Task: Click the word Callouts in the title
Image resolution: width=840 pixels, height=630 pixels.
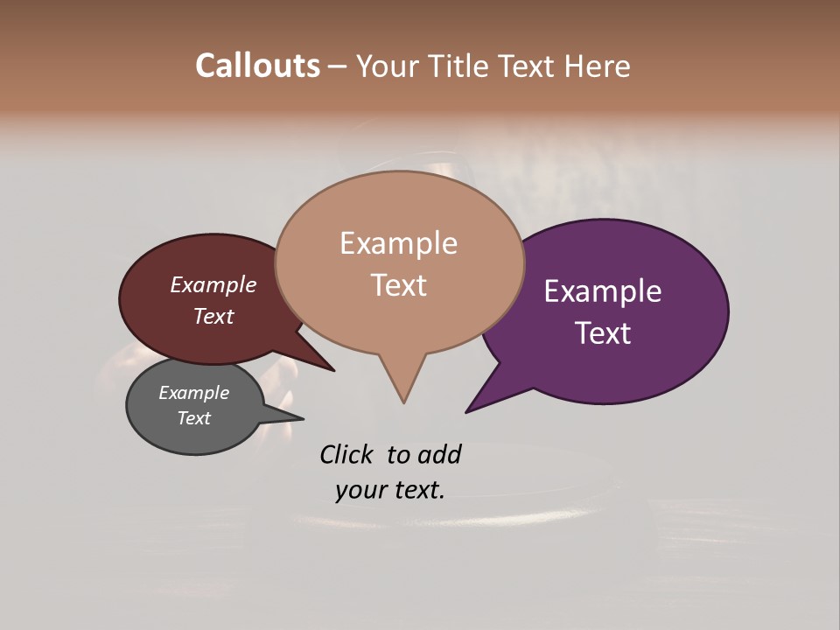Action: [257, 66]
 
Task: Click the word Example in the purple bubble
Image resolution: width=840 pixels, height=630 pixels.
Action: [602, 291]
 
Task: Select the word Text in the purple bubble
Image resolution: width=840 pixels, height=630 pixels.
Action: [603, 333]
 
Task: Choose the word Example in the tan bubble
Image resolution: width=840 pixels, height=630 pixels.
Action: [398, 243]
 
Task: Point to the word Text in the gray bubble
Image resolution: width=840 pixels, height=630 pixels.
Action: [193, 418]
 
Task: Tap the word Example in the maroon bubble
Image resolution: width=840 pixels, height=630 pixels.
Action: [213, 285]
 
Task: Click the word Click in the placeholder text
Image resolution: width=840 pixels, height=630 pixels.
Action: [346, 455]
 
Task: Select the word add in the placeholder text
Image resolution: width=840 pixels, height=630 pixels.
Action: [439, 455]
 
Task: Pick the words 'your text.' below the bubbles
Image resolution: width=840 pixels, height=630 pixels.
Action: [390, 490]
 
